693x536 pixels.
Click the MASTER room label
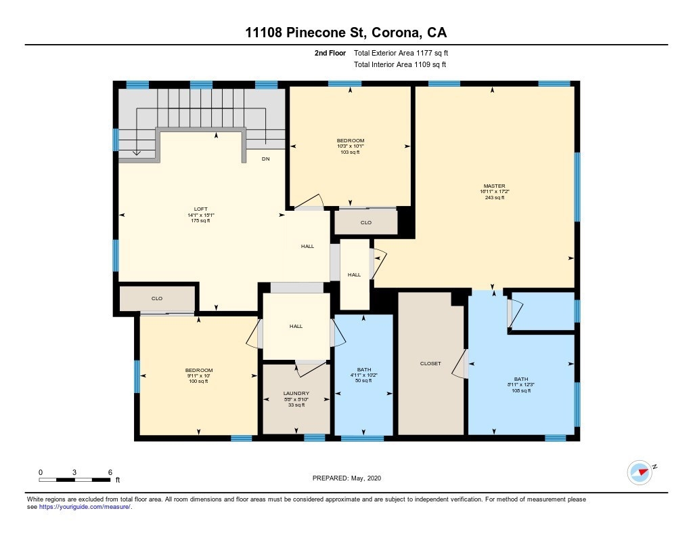494,186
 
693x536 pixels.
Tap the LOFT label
200,209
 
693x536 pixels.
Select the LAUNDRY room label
296,393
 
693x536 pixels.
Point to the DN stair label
265,159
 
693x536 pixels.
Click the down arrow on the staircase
137,152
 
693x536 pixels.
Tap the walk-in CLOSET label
430,363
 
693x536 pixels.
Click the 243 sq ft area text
495,197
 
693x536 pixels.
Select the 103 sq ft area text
351,152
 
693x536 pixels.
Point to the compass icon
640,472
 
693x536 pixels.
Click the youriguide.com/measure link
85,507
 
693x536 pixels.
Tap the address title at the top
346,33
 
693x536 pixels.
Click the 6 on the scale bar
110,472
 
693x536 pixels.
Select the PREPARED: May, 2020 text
346,478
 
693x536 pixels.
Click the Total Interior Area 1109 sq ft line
400,64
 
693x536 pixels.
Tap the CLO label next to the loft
157,298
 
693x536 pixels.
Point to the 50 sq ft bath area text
363,381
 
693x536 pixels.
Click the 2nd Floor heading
330,53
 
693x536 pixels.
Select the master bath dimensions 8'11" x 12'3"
521,385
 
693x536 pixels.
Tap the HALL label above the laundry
296,326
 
